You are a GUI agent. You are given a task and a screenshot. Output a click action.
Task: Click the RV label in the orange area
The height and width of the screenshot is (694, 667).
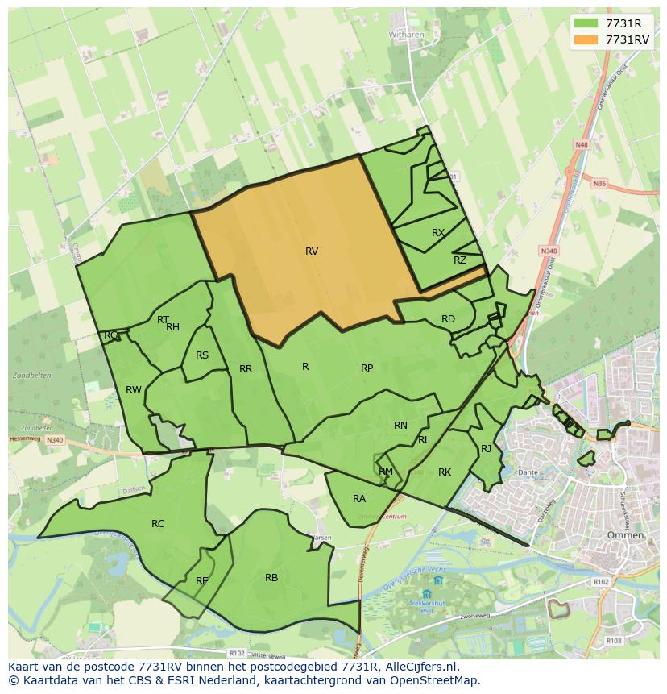pos(312,251)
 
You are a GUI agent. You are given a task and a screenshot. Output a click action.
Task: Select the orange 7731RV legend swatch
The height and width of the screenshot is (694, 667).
pos(586,39)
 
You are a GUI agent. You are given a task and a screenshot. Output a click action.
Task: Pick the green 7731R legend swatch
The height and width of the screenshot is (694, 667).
pos(586,23)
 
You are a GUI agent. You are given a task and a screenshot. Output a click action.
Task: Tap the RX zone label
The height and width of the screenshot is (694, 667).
pos(438,233)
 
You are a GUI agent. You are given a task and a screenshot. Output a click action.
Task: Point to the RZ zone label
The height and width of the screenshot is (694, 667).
pos(460,260)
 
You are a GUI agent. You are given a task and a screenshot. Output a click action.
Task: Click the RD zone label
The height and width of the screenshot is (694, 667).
pos(448,319)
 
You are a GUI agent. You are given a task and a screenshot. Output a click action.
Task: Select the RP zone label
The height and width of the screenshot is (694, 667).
pos(367,368)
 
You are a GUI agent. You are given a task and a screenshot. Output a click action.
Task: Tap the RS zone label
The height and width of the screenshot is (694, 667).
pos(202,355)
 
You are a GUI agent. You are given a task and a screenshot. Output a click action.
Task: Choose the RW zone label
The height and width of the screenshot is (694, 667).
pos(134,390)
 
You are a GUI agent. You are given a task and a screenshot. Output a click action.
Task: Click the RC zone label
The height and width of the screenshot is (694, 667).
pos(158,524)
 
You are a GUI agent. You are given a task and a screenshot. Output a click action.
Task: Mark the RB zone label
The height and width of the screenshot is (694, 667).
pos(271,578)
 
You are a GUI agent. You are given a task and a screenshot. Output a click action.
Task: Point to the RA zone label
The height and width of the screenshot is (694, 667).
pos(359,499)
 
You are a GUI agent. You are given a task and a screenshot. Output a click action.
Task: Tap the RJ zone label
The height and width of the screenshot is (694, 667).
pos(486,449)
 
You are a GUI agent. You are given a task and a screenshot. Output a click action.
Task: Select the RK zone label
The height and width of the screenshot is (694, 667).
pos(445,472)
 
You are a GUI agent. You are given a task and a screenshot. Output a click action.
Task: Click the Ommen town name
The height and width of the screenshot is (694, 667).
pos(626,535)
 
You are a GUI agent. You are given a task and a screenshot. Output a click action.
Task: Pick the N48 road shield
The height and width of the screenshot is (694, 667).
pos(581,144)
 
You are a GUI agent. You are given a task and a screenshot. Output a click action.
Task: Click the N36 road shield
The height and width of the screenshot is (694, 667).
pos(599,184)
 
